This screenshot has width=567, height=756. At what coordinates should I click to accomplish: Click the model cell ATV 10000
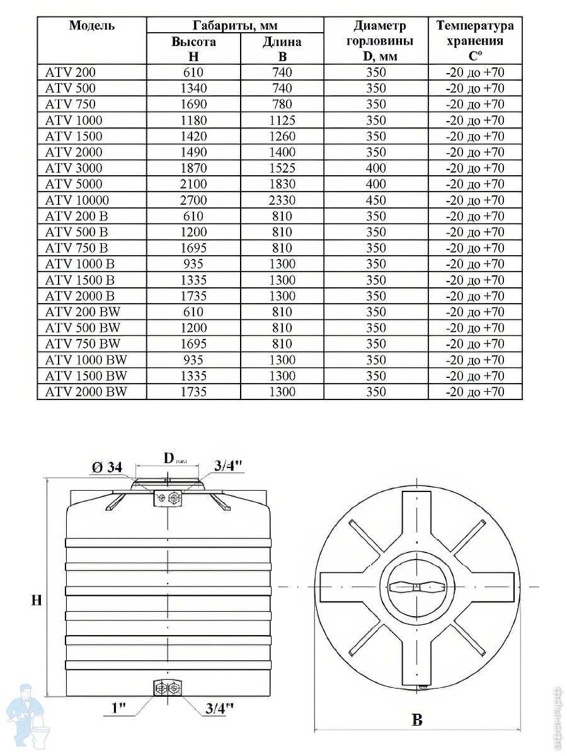click(77, 200)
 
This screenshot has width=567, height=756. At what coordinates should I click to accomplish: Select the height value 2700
click(193, 200)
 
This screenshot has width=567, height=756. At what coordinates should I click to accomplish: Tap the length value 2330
click(282, 200)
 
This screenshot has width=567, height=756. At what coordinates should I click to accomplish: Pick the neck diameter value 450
click(375, 200)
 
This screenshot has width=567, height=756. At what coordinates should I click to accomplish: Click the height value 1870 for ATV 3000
click(193, 168)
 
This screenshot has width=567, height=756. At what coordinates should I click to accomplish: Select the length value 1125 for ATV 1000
click(282, 120)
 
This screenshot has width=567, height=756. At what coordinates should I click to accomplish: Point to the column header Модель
click(91, 26)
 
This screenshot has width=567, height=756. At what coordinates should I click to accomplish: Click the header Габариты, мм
click(235, 26)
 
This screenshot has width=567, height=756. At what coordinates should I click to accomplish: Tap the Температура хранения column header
click(475, 41)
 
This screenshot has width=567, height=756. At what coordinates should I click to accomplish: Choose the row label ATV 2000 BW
click(86, 392)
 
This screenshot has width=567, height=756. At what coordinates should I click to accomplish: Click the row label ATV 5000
click(73, 184)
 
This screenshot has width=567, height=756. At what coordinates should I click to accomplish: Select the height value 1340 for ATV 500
click(193, 88)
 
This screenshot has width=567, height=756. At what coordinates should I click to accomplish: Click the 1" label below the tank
click(119, 708)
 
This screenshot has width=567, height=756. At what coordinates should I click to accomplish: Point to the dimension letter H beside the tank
click(37, 600)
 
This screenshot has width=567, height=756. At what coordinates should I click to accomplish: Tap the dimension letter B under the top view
click(417, 720)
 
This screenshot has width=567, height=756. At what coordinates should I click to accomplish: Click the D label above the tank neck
click(169, 458)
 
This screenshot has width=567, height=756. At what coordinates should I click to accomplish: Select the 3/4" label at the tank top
click(228, 466)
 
